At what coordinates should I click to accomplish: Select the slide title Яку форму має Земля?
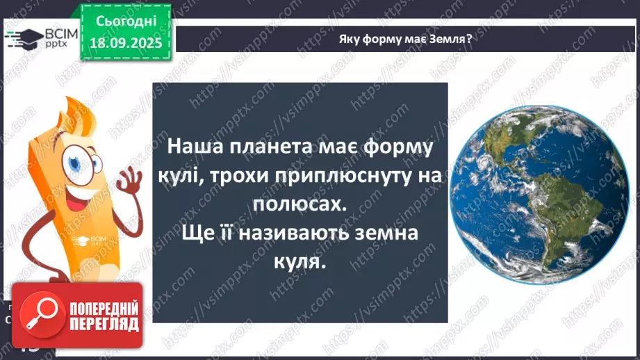(x=405, y=38)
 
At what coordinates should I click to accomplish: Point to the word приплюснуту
(x=344, y=177)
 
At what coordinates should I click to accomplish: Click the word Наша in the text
(x=192, y=148)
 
